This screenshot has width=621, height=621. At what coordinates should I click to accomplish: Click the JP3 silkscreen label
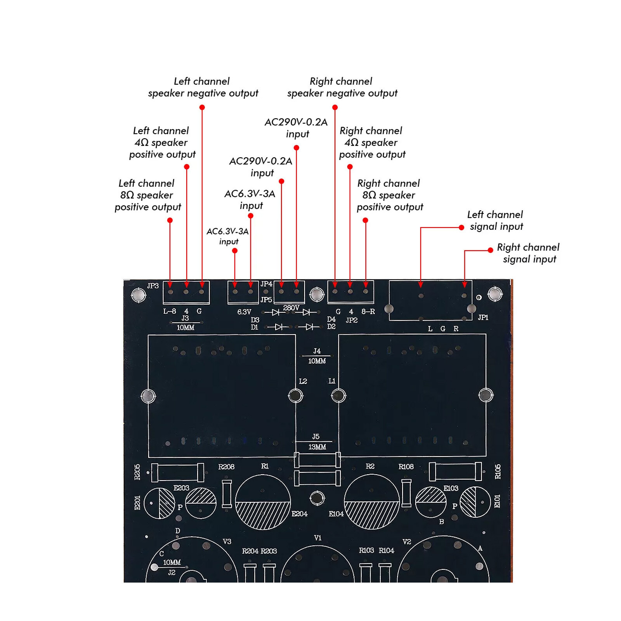point(153,286)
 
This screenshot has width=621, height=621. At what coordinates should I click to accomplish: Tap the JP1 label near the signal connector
point(483,317)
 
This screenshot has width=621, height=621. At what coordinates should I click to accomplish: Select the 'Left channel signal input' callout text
point(496,220)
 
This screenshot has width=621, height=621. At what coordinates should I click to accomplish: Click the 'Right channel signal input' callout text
point(529,253)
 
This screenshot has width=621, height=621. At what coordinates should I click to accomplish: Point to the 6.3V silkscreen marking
point(244,312)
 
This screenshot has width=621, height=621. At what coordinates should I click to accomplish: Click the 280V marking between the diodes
point(291,308)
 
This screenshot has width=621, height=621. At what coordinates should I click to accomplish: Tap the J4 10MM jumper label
point(317,356)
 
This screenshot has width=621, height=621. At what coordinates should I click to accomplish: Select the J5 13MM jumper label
point(317,442)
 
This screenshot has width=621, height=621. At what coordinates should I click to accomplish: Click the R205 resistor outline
point(177,472)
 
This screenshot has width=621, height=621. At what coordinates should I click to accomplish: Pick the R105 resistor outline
point(455,472)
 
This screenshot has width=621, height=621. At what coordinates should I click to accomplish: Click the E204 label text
point(300,514)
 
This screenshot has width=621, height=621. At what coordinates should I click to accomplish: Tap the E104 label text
point(336,514)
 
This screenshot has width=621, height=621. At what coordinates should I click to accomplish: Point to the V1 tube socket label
point(318,538)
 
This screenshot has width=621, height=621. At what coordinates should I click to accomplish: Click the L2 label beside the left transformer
point(303,382)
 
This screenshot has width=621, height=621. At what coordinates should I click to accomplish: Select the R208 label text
point(226,467)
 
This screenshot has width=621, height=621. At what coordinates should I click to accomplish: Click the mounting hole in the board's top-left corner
point(139,295)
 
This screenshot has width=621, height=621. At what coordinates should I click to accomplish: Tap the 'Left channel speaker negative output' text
point(203,87)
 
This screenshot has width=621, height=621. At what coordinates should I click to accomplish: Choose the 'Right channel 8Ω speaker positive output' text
point(390,195)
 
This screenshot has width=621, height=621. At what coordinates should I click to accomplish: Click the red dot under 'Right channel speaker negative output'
point(335,108)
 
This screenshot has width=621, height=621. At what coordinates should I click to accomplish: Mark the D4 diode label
point(331,319)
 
